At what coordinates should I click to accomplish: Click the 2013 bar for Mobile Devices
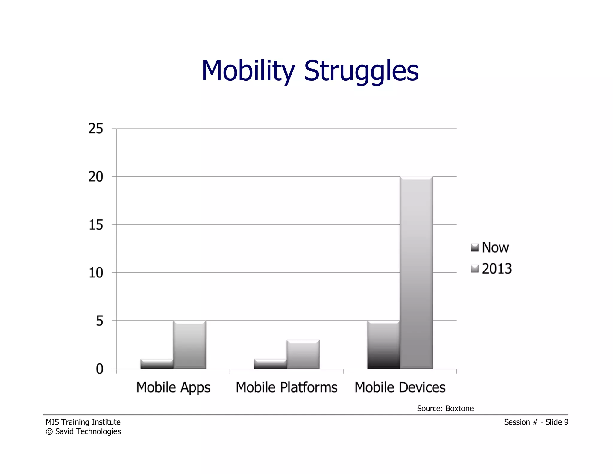(416, 273)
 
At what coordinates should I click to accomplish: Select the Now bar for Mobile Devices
(383, 345)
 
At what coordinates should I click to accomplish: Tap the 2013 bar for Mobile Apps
(189, 345)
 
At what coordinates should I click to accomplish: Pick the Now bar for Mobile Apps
(157, 364)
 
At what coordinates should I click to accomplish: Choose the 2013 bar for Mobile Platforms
(303, 354)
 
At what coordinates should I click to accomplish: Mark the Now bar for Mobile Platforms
(270, 364)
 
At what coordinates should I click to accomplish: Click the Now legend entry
(490, 248)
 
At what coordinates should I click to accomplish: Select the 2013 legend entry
(491, 269)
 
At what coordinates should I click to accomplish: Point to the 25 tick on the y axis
(96, 129)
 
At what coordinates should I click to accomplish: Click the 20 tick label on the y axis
(96, 177)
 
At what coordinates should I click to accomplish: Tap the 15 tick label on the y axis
(96, 225)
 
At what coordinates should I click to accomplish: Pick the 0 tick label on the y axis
(99, 369)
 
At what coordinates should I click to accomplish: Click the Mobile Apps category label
(173, 387)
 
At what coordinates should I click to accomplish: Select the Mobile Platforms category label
(286, 387)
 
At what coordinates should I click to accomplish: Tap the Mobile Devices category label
(400, 387)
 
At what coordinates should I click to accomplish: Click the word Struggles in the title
(361, 71)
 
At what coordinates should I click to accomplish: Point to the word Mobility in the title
(248, 71)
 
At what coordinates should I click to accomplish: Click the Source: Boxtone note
(445, 408)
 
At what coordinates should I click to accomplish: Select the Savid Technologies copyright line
(83, 431)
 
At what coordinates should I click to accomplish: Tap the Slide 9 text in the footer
(556, 422)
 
